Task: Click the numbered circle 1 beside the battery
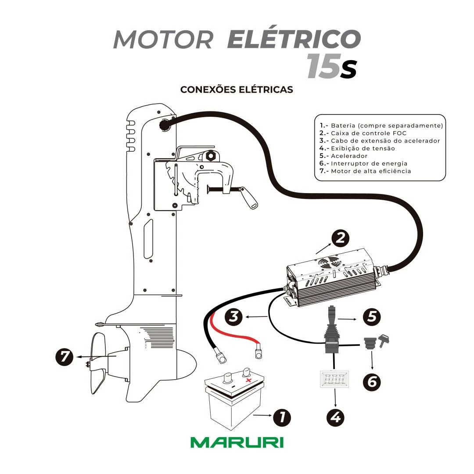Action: point(282,417)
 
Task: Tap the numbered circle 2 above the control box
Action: point(340,238)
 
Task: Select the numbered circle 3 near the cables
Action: point(233,317)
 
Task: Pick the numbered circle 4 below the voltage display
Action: point(335,417)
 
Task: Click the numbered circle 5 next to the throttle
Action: point(372,316)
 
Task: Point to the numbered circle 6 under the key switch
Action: point(372,382)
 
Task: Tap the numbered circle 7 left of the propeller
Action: point(65,356)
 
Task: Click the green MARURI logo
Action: point(237,442)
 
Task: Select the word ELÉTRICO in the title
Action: point(294,39)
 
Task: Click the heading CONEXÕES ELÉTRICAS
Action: point(237,90)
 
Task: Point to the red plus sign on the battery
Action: point(248,380)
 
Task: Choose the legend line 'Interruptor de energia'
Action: point(369,163)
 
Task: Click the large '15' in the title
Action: point(323,67)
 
